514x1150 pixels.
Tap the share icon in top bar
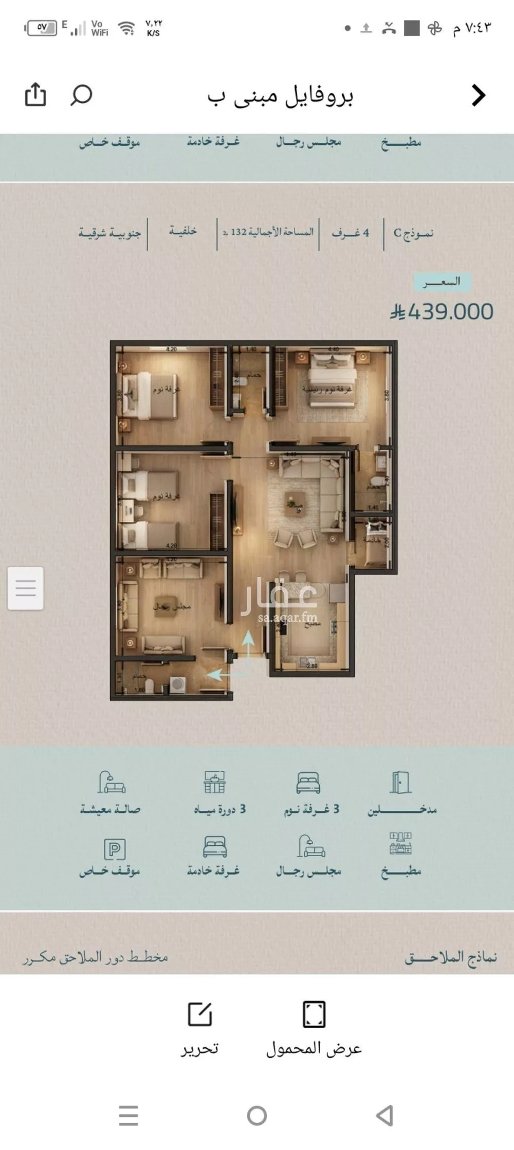pos(35,95)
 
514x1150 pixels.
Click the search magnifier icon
pos(81,95)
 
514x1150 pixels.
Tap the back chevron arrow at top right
pos(479,95)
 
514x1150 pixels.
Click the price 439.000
pos(442,312)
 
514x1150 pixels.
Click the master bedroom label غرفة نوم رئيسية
pos(327,389)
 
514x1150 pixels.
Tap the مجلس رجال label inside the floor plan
pos(172,606)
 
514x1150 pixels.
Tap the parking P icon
pos(115,849)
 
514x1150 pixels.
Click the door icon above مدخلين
pos(400,783)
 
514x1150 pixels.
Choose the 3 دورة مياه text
pos(219,809)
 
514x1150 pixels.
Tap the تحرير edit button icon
pos(199,1014)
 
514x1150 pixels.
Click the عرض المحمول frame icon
pos(314,1014)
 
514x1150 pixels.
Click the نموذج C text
pos(413,233)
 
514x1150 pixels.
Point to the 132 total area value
pos(238,232)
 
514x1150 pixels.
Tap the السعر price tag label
pos(442,282)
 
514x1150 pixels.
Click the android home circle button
pos(257,1116)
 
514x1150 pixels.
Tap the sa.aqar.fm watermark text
pos(287,618)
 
